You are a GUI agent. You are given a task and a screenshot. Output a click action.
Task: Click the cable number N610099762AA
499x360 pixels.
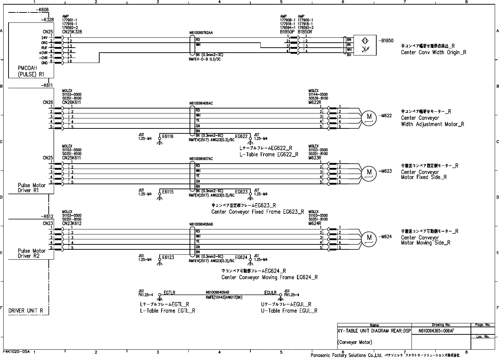point(201,33)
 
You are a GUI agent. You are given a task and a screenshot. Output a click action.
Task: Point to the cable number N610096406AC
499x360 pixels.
point(201,104)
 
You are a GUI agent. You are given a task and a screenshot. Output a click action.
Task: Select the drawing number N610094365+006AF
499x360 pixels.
point(436,330)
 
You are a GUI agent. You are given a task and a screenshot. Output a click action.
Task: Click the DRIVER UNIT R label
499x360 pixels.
point(26,311)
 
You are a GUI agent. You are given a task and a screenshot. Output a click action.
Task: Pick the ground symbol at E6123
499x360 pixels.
point(160,263)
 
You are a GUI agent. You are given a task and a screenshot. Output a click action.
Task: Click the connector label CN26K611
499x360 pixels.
point(71,102)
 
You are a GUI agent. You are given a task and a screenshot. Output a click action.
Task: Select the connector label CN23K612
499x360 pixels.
point(71,223)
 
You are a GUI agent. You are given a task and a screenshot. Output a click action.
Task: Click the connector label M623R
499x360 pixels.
point(315,158)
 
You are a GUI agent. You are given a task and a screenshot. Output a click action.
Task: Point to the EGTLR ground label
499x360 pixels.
point(169,293)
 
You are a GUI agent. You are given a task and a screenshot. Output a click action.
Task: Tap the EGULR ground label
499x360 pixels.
point(270,293)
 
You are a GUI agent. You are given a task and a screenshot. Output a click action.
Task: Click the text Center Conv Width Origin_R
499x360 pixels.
point(434,53)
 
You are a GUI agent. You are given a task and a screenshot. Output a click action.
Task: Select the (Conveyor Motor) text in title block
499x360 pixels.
point(355,342)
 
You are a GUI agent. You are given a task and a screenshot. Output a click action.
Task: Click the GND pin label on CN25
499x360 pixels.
point(44,63)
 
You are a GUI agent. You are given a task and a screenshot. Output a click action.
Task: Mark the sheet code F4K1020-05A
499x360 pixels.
point(16,351)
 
